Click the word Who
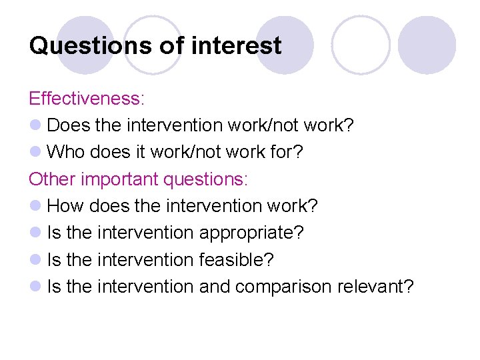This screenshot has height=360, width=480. (66, 152)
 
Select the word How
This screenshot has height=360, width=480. (66, 206)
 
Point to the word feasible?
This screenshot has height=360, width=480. (237, 259)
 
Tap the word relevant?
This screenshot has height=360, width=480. (375, 287)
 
